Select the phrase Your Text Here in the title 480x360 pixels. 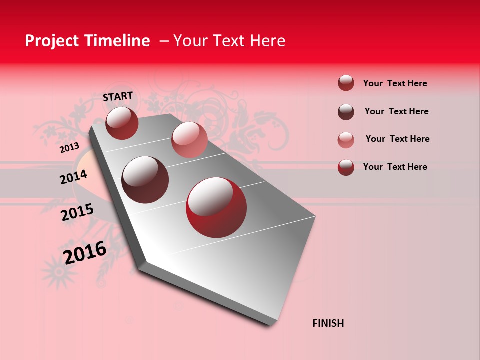coord(229,41)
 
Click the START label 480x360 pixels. coord(118,96)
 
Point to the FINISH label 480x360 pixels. coord(328,323)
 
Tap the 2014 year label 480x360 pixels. coord(73,177)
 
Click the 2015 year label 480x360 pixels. coord(77,212)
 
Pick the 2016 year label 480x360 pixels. coord(85,252)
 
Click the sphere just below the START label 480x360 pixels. coord(122,123)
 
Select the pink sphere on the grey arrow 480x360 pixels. coord(189,140)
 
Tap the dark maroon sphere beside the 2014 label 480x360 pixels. coord(145,180)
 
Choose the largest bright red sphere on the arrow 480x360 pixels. coord(216,207)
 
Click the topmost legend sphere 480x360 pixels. coord(346,83)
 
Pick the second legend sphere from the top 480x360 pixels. coord(346,111)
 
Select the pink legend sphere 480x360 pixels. coord(346,139)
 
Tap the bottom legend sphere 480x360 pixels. coord(346,167)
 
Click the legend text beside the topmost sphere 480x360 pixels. coord(395,83)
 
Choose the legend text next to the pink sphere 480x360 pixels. coord(397,139)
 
